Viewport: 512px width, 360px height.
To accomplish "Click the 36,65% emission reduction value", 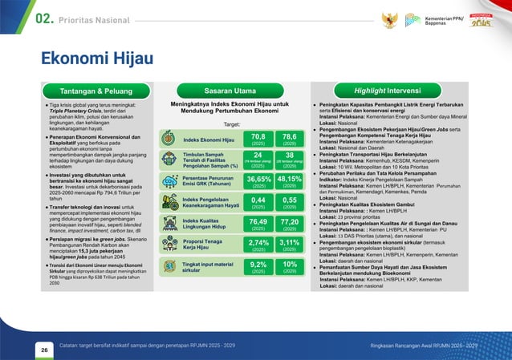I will pos(258,181).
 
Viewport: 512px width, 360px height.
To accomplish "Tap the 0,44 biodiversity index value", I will pos(258,202).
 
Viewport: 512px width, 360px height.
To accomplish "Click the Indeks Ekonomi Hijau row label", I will pos(209,140).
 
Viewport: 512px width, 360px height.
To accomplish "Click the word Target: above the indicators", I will pos(232,125).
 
